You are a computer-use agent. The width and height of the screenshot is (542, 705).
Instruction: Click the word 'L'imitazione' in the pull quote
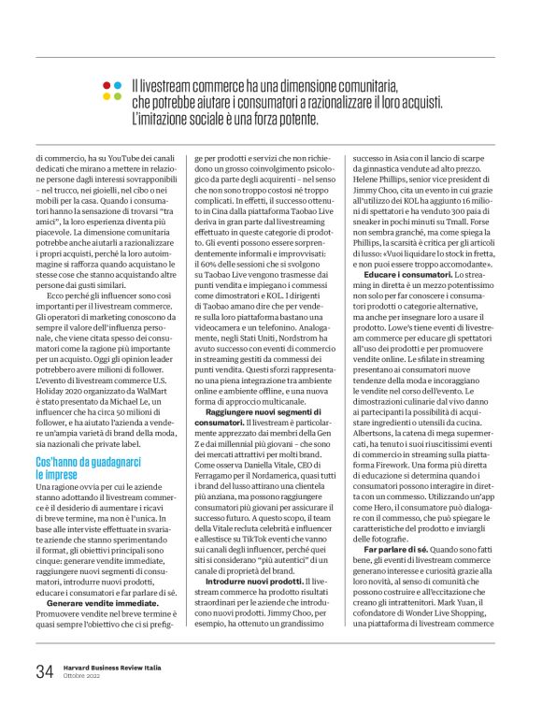click(160, 119)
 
